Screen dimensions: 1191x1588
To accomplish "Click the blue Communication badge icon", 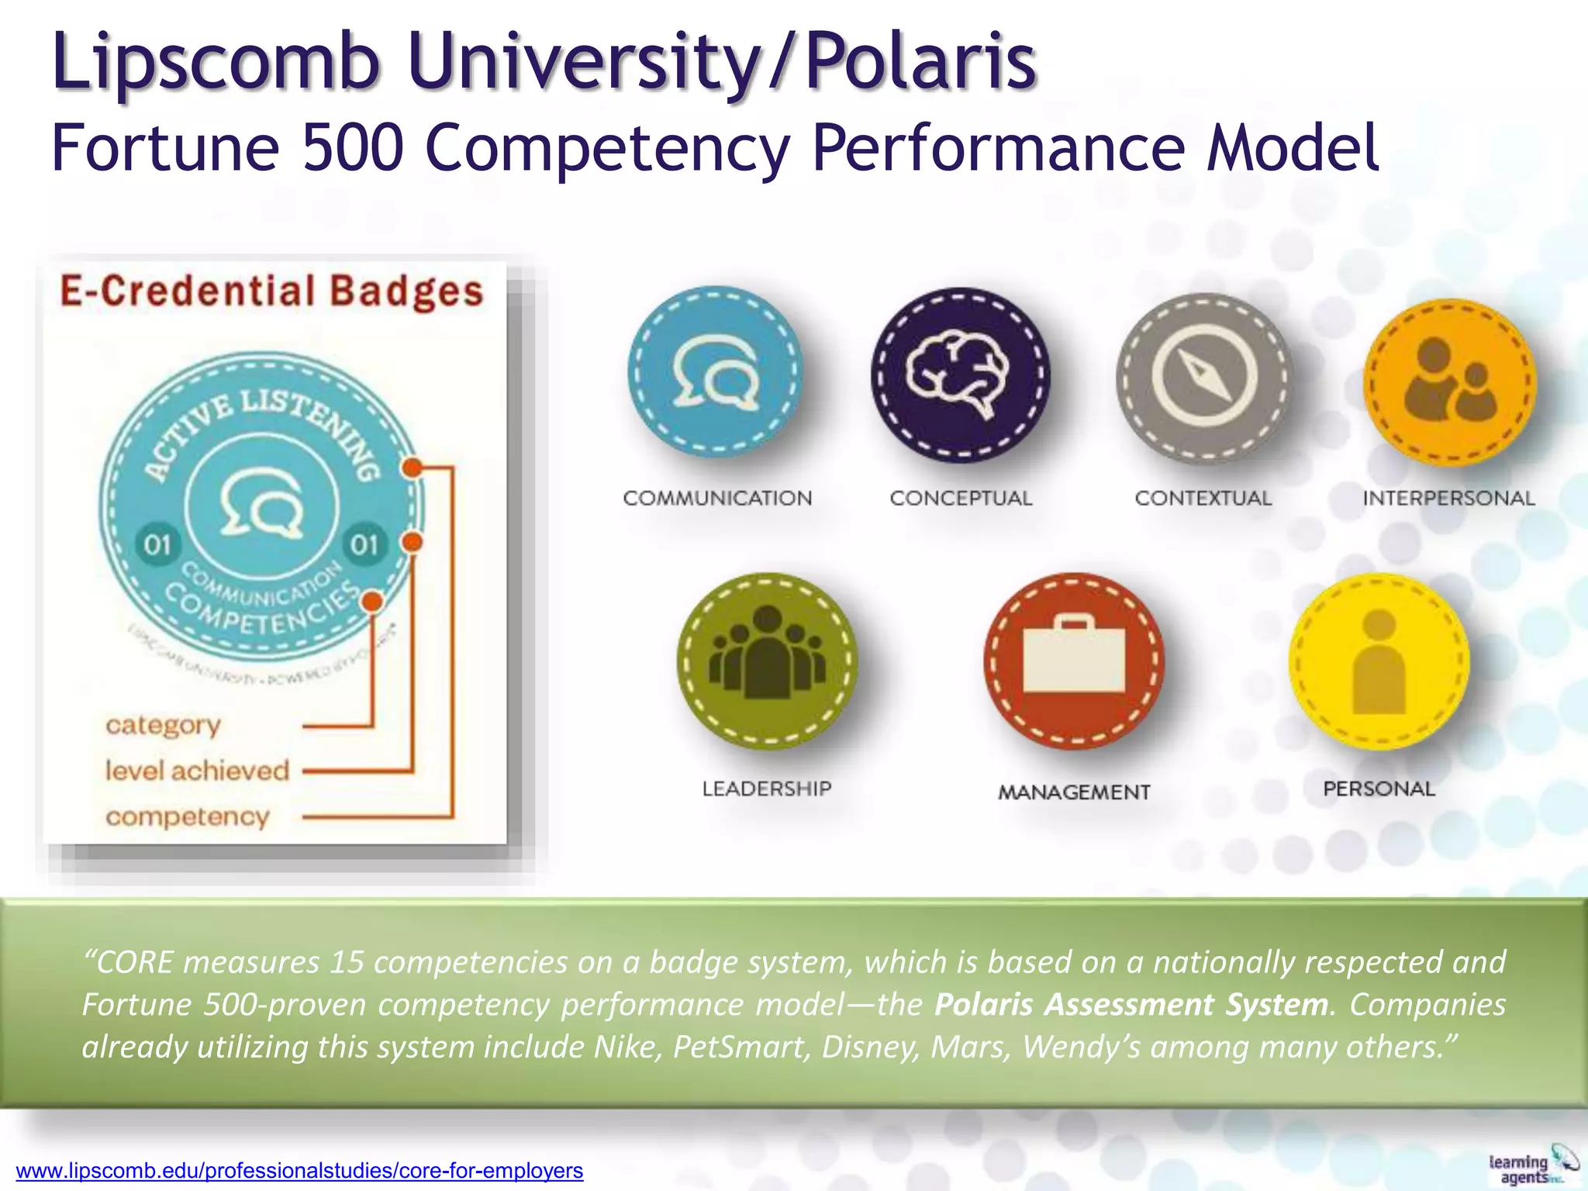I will (x=714, y=372).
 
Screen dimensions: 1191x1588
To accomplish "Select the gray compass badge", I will (x=1204, y=378).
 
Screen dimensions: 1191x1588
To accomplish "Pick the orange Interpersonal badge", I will (x=1449, y=382).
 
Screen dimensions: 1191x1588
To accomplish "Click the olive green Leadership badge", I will (x=767, y=661).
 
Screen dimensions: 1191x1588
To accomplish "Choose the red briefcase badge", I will (x=1074, y=661).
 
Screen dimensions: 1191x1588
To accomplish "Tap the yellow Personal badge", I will (x=1379, y=661).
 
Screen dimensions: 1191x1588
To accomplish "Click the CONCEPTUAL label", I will (x=961, y=498).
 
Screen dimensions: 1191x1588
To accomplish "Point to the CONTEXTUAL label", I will (x=1203, y=498).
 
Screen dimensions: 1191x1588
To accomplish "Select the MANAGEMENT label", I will (x=1074, y=792).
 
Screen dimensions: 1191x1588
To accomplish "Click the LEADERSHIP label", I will (x=767, y=789).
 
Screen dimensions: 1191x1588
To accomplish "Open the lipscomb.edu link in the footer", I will (x=299, y=1170).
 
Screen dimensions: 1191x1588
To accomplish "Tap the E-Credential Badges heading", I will (x=272, y=292).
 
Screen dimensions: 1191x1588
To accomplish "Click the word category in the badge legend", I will (x=163, y=724).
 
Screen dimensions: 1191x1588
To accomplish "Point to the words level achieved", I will (x=197, y=770).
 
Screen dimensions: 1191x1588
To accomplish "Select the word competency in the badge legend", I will (x=187, y=816).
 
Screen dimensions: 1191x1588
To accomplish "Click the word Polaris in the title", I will (x=921, y=60).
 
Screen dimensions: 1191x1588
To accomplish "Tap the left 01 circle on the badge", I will (x=157, y=544).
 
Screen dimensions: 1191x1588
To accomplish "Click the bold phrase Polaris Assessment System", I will (x=1131, y=1004).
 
